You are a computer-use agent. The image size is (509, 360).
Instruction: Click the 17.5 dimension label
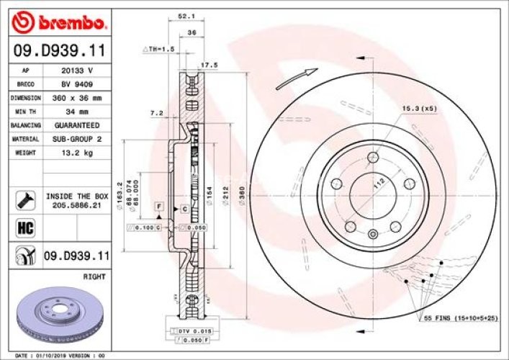coord(209,65)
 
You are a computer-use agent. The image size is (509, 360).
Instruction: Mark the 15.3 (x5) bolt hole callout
coord(420,109)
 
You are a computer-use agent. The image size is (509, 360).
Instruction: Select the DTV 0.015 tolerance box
coord(185,330)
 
